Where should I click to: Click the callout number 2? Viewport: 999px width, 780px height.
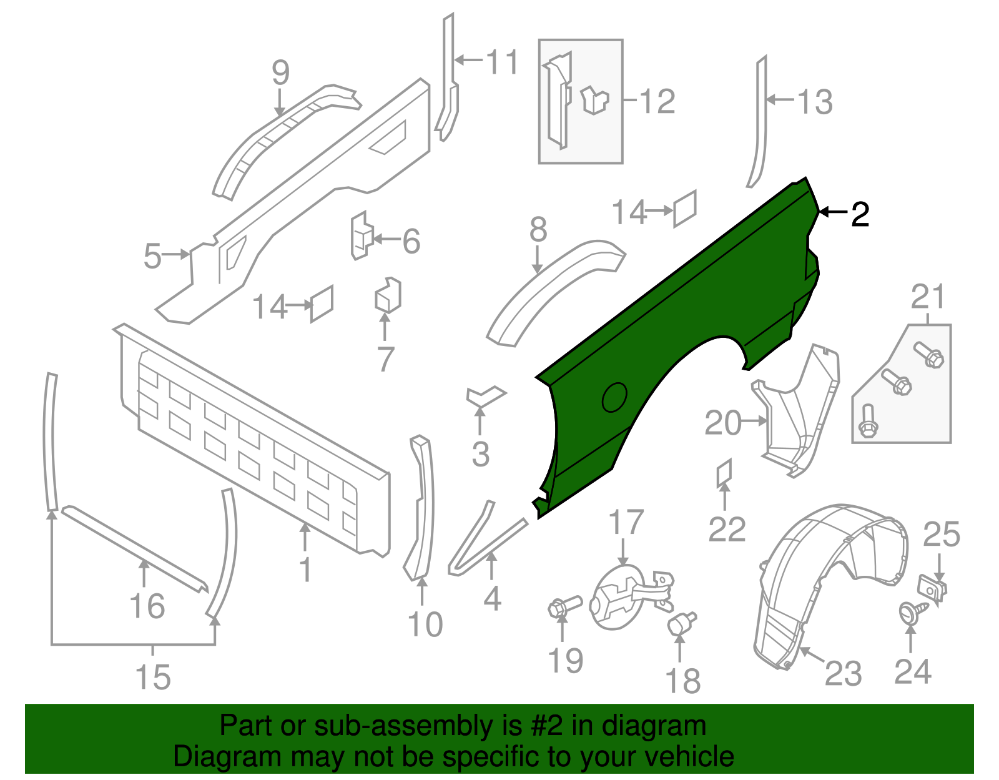[860, 215]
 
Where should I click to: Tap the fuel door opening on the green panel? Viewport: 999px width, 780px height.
[614, 397]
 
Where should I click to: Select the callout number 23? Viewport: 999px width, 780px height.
[843, 673]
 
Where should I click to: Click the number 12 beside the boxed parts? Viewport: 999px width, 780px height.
[657, 101]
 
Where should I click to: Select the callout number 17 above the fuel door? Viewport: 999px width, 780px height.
[626, 522]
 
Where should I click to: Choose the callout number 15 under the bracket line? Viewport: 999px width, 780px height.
[153, 677]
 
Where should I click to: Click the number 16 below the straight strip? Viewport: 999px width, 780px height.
[147, 606]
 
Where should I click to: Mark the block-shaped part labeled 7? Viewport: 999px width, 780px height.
[387, 295]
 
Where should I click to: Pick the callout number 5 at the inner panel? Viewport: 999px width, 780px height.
[152, 256]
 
